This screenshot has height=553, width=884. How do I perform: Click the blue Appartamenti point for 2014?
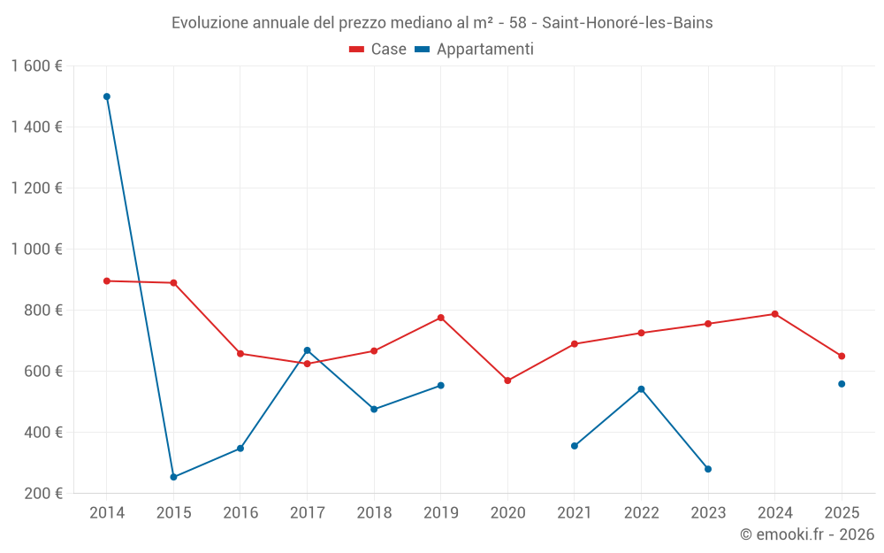click(107, 96)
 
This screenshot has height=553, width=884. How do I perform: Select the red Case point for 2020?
click(507, 380)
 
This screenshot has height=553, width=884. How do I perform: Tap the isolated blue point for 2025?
click(842, 384)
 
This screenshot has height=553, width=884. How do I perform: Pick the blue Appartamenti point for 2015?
click(173, 477)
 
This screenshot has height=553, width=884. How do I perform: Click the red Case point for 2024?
click(775, 314)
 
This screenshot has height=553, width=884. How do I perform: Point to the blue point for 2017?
click(307, 350)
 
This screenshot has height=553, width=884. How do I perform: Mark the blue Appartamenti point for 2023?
click(708, 469)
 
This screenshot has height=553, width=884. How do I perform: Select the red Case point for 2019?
click(441, 318)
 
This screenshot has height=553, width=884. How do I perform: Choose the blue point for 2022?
click(641, 389)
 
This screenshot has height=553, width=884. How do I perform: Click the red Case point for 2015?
click(173, 283)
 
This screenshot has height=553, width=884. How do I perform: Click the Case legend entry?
click(378, 50)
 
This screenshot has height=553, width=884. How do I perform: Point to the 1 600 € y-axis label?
click(36, 66)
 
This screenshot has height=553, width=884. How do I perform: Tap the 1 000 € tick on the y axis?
click(36, 250)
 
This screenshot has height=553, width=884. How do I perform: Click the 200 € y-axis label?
click(42, 494)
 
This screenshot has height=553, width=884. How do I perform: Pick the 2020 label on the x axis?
click(507, 513)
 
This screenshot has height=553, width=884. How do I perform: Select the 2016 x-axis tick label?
click(240, 513)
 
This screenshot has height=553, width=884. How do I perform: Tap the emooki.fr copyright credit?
click(807, 534)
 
